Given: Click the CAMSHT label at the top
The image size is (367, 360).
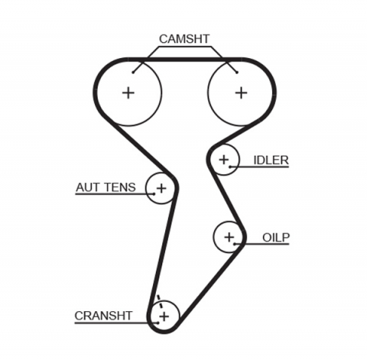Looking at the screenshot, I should coord(184,38).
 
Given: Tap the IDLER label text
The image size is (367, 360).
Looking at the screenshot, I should coord(271,160).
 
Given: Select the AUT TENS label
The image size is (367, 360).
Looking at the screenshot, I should coord(106,186).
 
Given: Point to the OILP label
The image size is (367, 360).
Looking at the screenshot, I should coord(275,238).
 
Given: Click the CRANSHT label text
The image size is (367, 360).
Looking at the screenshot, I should coord(103,315).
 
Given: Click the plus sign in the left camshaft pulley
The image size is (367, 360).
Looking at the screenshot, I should coord(128,92).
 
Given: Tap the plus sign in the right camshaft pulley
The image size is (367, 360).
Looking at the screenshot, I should coord(241,92).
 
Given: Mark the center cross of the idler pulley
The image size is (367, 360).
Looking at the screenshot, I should coord(223,160).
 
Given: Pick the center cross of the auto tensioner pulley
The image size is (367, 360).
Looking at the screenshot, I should coord(161,187).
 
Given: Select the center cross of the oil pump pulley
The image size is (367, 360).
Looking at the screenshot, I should coord(228,237).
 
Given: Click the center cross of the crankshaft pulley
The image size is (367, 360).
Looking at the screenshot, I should coord(164,314).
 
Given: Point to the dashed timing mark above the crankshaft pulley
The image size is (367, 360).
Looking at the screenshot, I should coord(158,299).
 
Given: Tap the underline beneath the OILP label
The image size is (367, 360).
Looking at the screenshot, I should coord(268,245).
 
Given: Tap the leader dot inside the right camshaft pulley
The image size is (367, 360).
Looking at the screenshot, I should coord(237,73).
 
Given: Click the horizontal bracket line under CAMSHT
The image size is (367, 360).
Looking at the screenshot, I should coord(184,47).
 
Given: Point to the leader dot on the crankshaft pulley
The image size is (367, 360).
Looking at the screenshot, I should coord(157,323).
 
